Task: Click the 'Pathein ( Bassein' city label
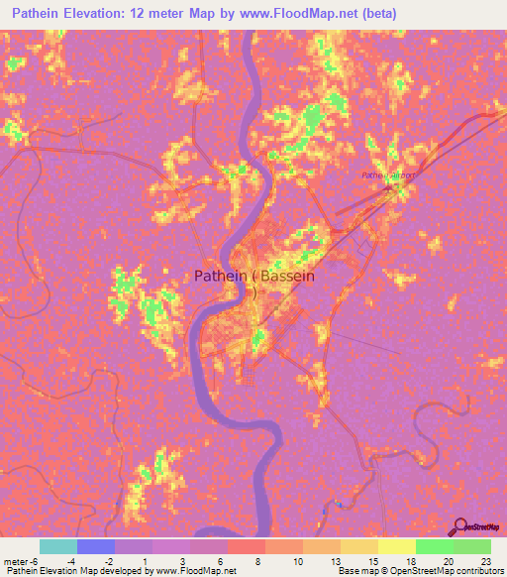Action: tap(254, 277)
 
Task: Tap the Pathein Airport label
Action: tap(385, 175)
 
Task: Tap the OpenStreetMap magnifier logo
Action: tap(458, 526)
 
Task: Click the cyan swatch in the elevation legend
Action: tap(57, 546)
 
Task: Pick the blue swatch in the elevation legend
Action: tap(96, 546)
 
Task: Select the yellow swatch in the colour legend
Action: tap(396, 546)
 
